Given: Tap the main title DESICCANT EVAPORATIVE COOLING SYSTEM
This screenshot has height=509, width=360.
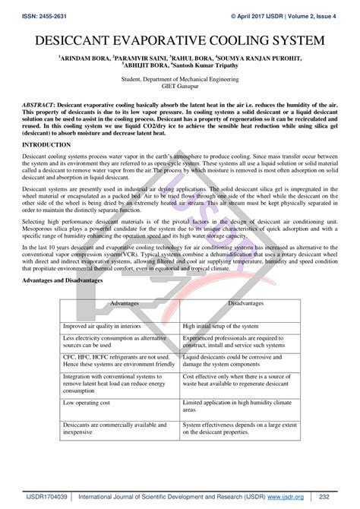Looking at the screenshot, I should point(179,39).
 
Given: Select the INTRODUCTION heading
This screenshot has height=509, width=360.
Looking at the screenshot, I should point(47,144).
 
